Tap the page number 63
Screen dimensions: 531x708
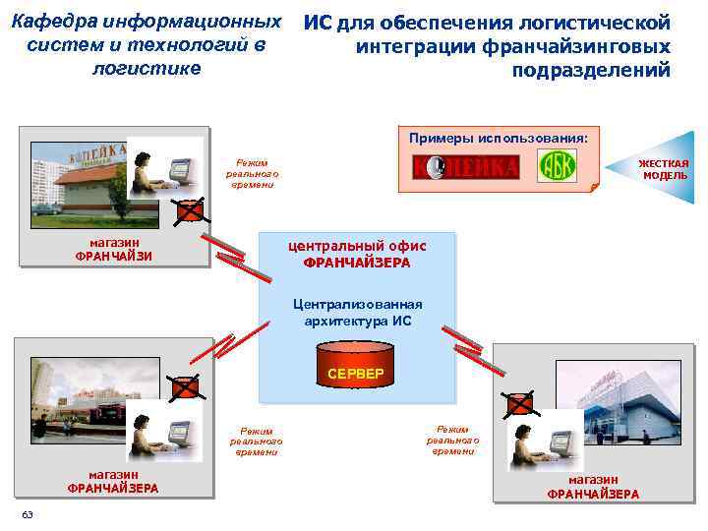[x=28, y=515]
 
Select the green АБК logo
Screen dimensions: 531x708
[x=557, y=166]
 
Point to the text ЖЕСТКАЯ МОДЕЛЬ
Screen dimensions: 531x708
[x=664, y=169]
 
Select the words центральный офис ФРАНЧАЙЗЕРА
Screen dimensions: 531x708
[x=356, y=255]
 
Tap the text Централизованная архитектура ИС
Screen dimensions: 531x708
[x=356, y=313]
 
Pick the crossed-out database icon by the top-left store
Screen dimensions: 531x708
[x=190, y=209]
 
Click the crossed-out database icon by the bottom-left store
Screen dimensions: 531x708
[x=184, y=387]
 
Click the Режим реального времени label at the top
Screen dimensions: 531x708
[x=253, y=173]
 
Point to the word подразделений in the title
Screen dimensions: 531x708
[x=591, y=70]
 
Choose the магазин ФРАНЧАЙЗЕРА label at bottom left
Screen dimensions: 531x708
[x=112, y=481]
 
